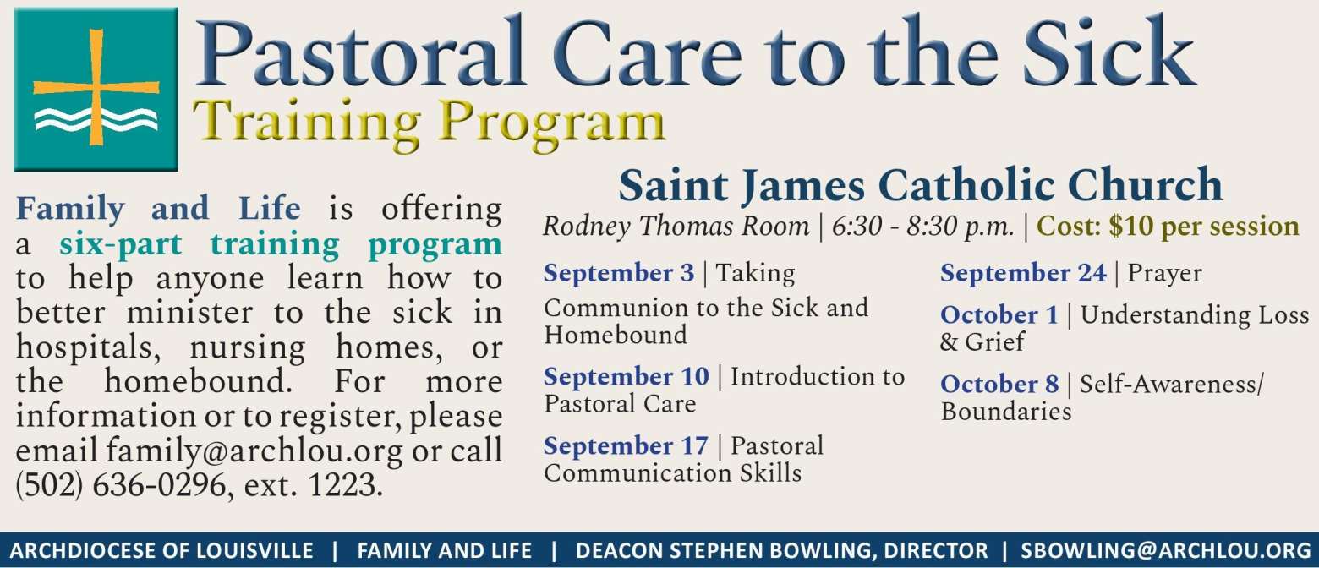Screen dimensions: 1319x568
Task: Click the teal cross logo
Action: [96, 90]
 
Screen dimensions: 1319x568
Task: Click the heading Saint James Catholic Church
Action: [921, 185]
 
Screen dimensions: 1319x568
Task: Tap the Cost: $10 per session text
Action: [1167, 227]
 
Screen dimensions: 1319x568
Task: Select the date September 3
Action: [619, 274]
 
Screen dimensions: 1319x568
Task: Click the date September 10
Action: [627, 377]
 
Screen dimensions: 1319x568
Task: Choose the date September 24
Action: [1023, 274]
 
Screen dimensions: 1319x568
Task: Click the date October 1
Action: [999, 315]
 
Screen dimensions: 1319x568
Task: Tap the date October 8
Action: [999, 385]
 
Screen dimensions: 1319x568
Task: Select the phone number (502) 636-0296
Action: [121, 486]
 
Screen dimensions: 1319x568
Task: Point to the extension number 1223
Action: [342, 486]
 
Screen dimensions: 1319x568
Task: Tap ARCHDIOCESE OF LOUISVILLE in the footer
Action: [161, 551]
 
